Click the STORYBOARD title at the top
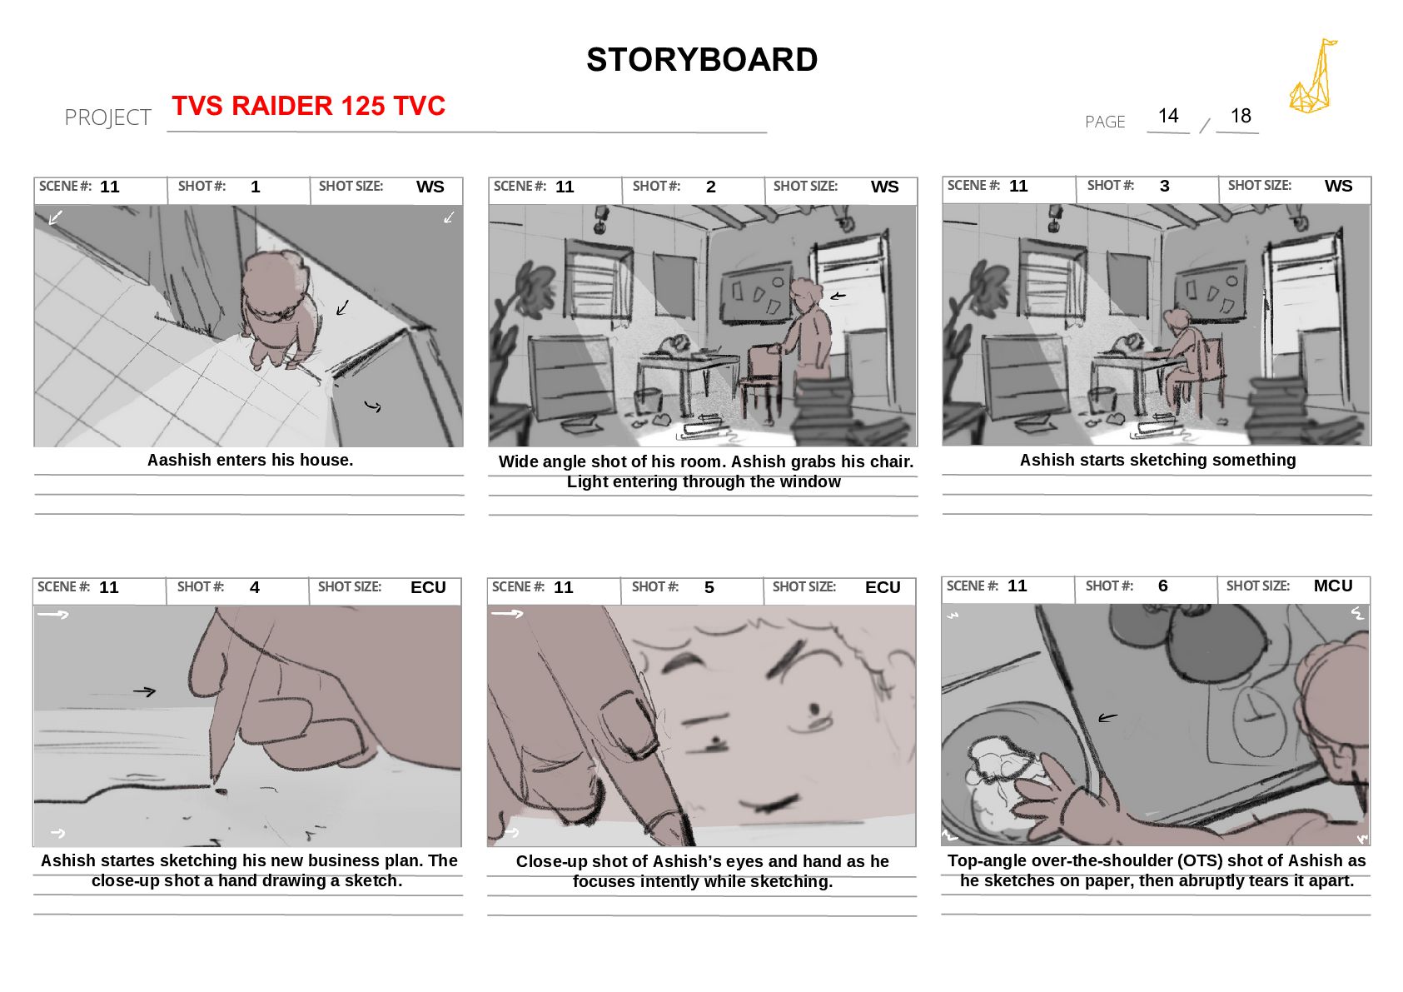(701, 59)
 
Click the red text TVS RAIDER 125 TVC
(308, 105)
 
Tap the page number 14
(1168, 116)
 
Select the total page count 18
(1241, 116)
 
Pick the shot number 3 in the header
(1164, 186)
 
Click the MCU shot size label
(1333, 586)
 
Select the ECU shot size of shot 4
(429, 587)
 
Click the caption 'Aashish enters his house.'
(250, 460)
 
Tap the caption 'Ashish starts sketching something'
(1157, 460)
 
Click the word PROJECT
(107, 117)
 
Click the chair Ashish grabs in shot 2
(763, 379)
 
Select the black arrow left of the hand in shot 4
(144, 692)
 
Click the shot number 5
(709, 587)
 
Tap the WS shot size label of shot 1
(430, 187)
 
